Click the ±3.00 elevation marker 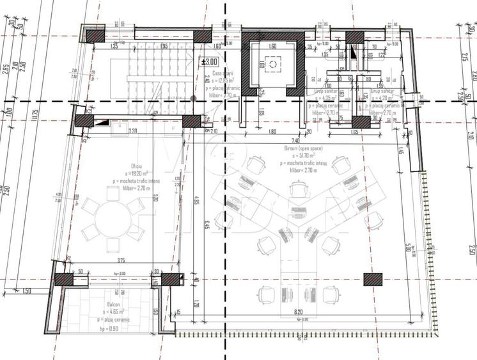click(x=210, y=62)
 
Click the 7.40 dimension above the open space click(x=295, y=139)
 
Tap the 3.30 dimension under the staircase click(x=133, y=131)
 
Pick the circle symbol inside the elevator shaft click(x=274, y=65)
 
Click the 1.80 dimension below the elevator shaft click(x=272, y=132)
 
